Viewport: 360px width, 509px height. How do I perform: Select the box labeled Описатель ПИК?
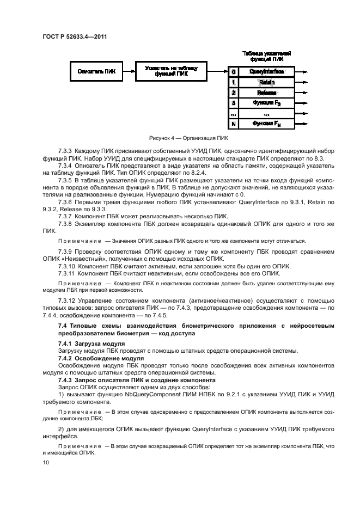(96, 71)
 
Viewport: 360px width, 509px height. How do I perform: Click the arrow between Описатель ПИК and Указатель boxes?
(129, 71)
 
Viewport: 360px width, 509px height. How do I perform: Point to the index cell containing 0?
(233, 71)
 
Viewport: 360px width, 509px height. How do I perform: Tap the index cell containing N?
(233, 124)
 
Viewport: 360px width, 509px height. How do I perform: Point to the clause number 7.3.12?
(67, 300)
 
